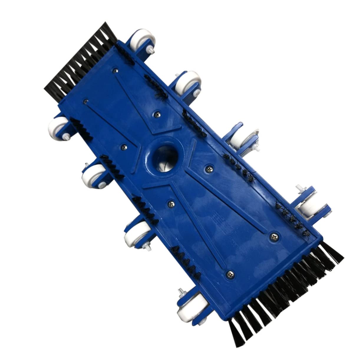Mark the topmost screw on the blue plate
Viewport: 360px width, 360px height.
[x=115, y=70]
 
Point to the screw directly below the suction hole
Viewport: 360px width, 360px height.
[x=170, y=202]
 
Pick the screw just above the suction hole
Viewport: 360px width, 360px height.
[x=157, y=112]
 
